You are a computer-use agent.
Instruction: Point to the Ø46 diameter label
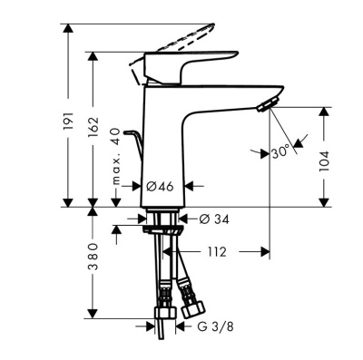160,186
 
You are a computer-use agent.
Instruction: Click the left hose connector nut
165,297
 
